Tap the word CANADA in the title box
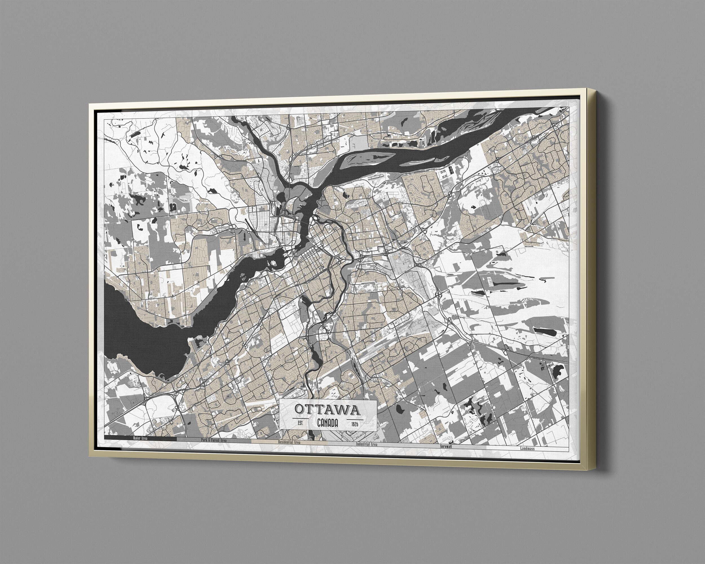327,423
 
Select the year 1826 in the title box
354,424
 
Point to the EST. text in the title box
301,423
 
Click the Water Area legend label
140,438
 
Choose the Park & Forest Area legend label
213,440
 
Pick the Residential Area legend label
289,442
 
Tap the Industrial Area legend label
367,444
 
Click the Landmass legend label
527,449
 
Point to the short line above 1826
354,419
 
